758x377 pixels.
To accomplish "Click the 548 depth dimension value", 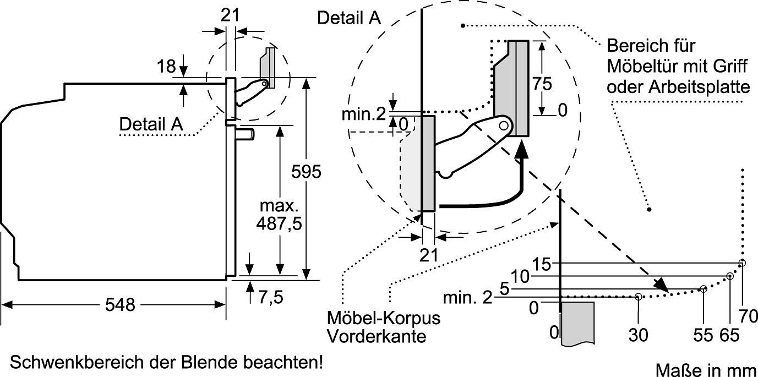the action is [x=120, y=305].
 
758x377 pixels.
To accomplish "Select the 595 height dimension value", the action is [x=306, y=172].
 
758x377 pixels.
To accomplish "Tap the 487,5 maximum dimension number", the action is [x=279, y=223].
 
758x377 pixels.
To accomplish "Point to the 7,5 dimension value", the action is [x=271, y=297].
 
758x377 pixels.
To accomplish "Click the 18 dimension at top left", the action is [x=166, y=67].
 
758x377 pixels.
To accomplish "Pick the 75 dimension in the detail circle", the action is [x=542, y=84].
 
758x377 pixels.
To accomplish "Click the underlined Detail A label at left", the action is [x=151, y=124].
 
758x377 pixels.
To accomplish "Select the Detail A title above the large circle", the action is [x=349, y=18].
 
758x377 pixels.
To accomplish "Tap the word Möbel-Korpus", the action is [x=384, y=318].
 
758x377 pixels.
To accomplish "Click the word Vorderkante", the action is [x=377, y=336].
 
